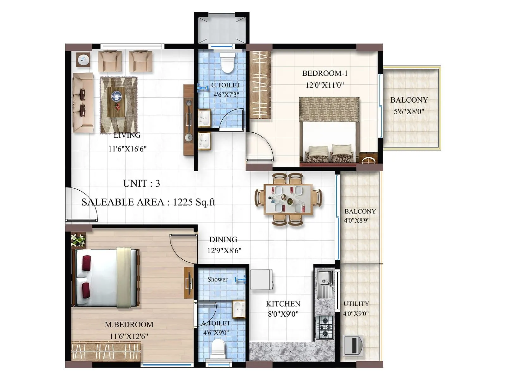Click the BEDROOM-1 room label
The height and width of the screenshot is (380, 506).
(x=325, y=73)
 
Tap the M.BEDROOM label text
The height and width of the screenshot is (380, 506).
(x=129, y=325)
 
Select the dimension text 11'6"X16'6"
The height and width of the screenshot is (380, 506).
(x=127, y=149)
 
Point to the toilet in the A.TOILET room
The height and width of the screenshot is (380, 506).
(x=218, y=348)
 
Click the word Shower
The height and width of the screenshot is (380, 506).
(x=217, y=279)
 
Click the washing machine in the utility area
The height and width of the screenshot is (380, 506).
(x=353, y=345)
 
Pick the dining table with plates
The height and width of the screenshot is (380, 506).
(x=288, y=200)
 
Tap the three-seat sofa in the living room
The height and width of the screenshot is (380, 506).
(x=83, y=103)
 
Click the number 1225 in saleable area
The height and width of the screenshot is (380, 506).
(x=183, y=202)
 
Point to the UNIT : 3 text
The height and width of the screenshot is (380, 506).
(x=141, y=183)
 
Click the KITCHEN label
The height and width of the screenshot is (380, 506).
(x=283, y=304)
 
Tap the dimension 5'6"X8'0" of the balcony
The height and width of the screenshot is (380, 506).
(x=409, y=111)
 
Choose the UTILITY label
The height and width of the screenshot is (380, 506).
(x=356, y=304)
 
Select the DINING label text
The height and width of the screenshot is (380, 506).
(x=223, y=239)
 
